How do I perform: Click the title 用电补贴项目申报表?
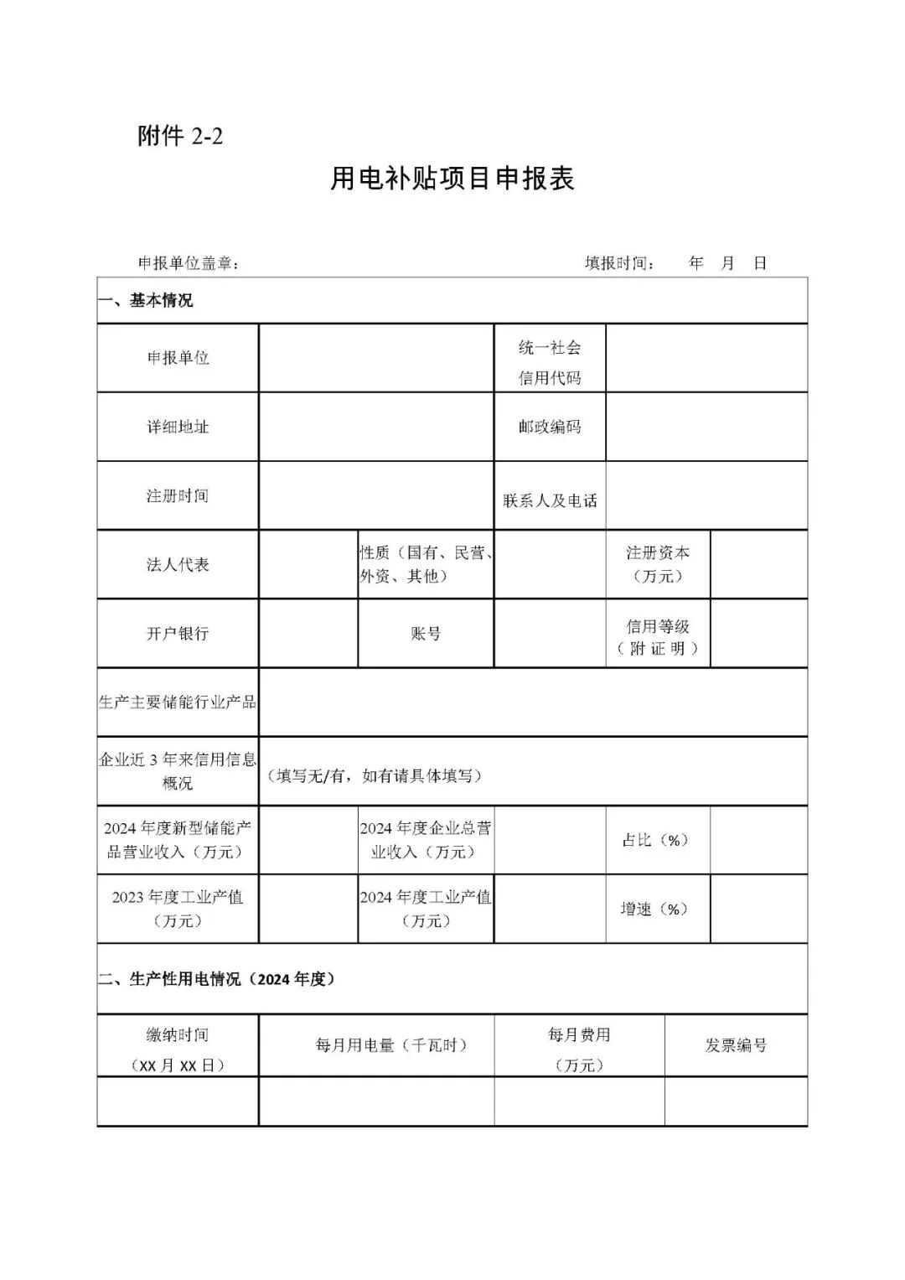[x=452, y=179]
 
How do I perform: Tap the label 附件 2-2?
[x=180, y=136]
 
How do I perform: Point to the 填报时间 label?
[x=619, y=263]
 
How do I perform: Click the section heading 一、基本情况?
[x=146, y=300]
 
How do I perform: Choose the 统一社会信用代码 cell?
[x=550, y=362]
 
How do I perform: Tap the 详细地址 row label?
[x=178, y=427]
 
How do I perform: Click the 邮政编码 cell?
[x=550, y=427]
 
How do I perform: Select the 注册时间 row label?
[x=178, y=495]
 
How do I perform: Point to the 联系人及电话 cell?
[x=550, y=500]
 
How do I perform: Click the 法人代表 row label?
[x=178, y=564]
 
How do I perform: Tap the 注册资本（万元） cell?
[x=658, y=564]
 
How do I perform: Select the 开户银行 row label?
[x=178, y=633]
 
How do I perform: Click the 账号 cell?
[x=426, y=634]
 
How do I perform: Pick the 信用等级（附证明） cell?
[x=658, y=637]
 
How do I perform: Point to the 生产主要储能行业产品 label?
[x=178, y=702]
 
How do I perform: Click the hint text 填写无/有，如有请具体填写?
[x=374, y=775]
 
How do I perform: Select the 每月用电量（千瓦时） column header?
[x=391, y=1045]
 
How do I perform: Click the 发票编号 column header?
[x=736, y=1045]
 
